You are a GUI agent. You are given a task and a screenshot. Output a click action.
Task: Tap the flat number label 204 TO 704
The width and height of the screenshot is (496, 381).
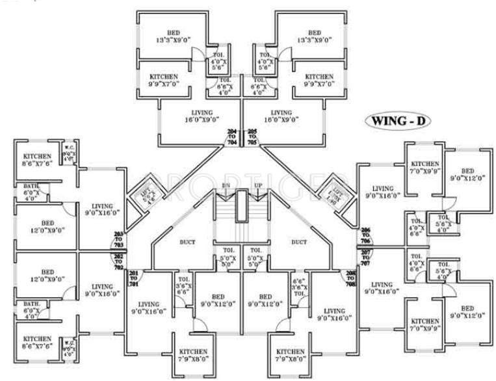(x=232, y=137)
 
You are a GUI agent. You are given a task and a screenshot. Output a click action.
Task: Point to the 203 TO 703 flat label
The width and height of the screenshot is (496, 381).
(x=118, y=238)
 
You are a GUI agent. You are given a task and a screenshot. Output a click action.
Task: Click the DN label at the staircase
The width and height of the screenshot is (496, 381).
(x=226, y=185)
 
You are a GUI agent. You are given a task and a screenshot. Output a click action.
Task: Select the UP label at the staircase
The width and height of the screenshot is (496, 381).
(x=257, y=185)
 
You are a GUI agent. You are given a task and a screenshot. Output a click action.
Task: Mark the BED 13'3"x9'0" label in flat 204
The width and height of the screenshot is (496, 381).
(x=172, y=36)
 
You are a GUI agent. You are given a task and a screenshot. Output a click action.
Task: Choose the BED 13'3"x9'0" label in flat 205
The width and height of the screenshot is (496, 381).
(x=314, y=36)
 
